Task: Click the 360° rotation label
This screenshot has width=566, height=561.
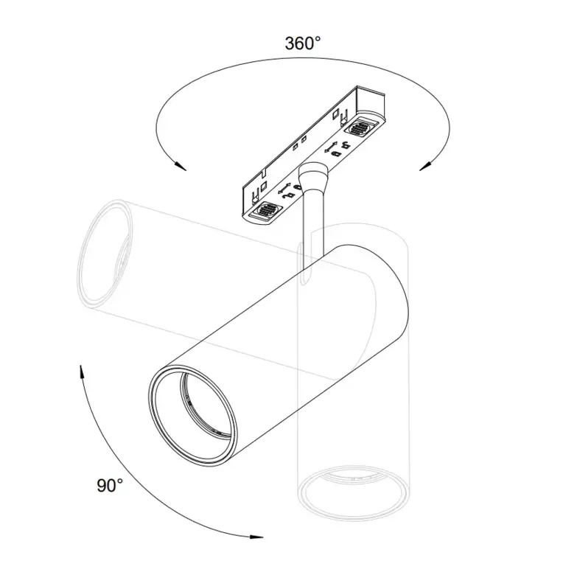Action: click(302, 43)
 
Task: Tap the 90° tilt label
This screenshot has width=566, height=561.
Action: click(110, 486)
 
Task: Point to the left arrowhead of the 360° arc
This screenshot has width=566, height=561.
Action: click(180, 167)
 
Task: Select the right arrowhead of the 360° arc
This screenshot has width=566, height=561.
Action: click(426, 166)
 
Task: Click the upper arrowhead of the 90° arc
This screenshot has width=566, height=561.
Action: click(82, 372)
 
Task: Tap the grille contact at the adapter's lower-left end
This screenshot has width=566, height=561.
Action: click(266, 210)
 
